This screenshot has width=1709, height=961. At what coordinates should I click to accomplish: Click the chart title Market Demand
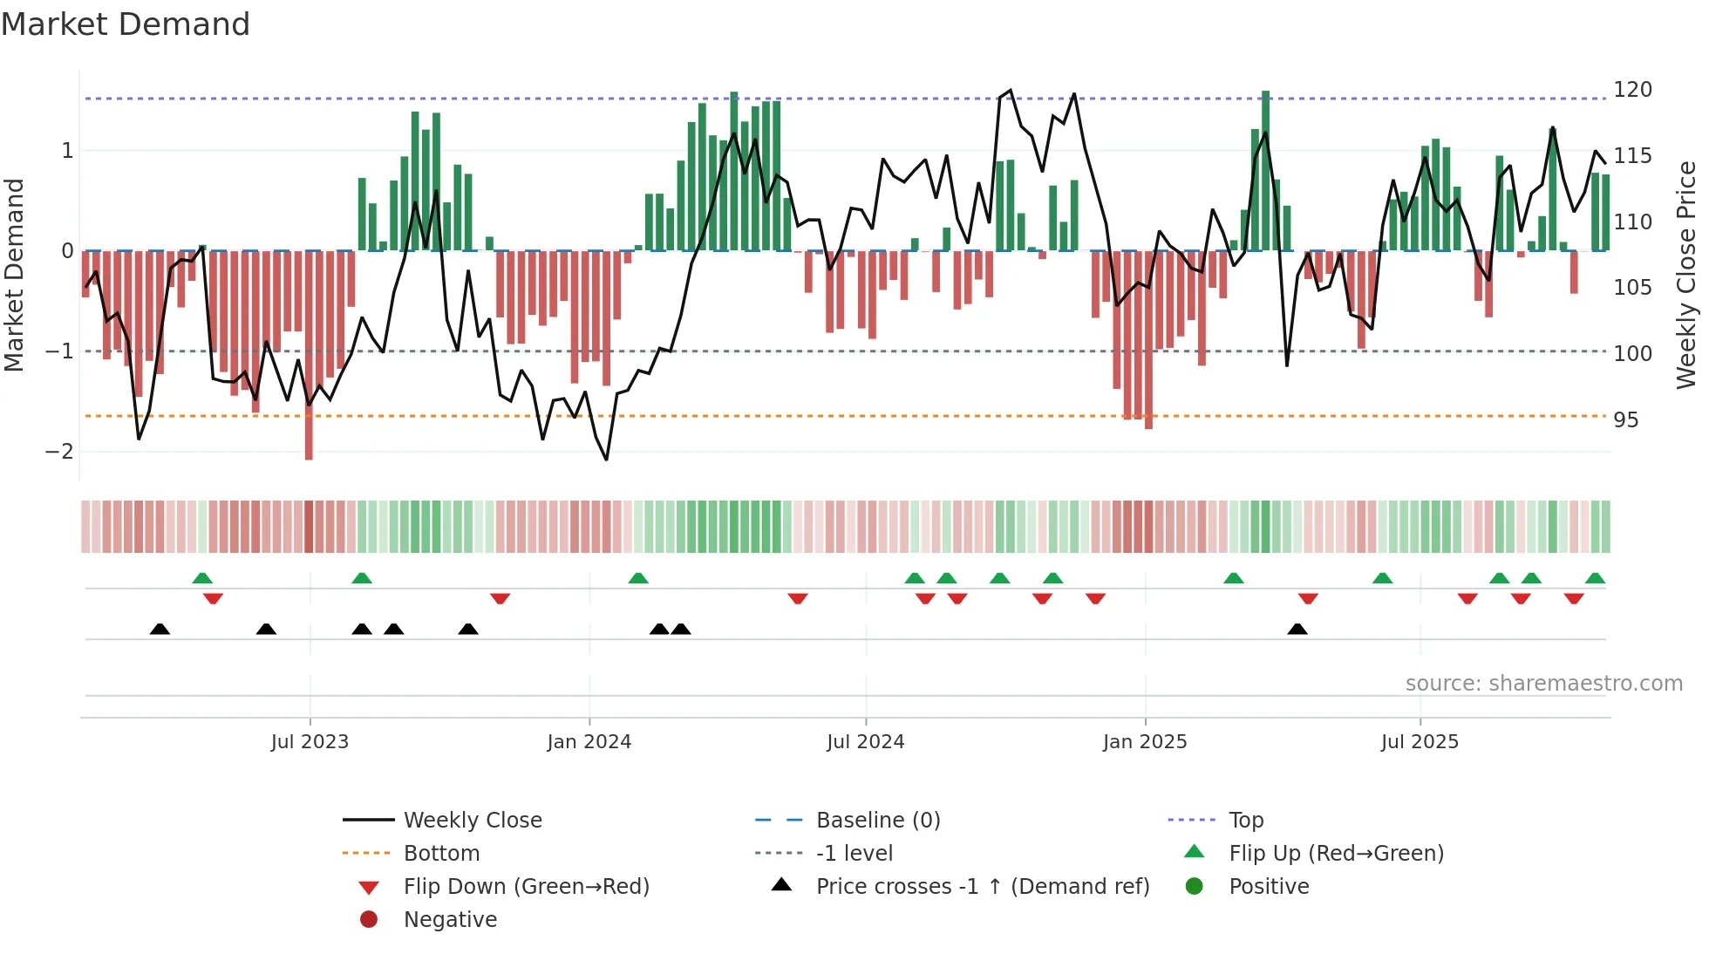[126, 24]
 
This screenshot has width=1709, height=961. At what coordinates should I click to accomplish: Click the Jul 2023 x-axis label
[310, 742]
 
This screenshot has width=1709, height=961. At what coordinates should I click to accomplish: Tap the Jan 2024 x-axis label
[589, 742]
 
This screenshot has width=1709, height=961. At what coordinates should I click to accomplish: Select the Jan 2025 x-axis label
[1145, 742]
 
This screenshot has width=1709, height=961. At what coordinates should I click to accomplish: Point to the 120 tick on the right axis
[1632, 90]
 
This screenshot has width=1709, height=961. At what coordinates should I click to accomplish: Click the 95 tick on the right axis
[1625, 420]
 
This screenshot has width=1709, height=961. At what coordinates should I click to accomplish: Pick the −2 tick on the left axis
[59, 452]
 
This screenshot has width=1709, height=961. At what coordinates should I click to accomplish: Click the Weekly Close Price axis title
[1685, 275]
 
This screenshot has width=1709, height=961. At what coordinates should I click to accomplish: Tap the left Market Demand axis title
[14, 275]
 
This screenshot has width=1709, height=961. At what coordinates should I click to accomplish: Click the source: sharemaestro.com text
[1543, 684]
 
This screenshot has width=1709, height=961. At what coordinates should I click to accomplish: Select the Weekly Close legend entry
[473, 821]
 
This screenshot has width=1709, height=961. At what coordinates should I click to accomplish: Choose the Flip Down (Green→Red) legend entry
[526, 887]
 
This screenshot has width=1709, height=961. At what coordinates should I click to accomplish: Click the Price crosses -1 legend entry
[983, 887]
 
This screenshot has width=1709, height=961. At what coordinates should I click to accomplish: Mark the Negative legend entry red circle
[369, 920]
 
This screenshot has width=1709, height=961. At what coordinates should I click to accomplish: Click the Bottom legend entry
[441, 854]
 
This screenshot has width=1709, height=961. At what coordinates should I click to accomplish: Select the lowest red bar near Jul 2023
[309, 436]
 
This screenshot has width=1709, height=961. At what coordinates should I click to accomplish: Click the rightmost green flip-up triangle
[1595, 578]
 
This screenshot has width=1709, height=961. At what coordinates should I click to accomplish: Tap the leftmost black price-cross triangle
[160, 629]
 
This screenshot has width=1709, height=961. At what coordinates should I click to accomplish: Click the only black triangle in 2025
[1297, 629]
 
